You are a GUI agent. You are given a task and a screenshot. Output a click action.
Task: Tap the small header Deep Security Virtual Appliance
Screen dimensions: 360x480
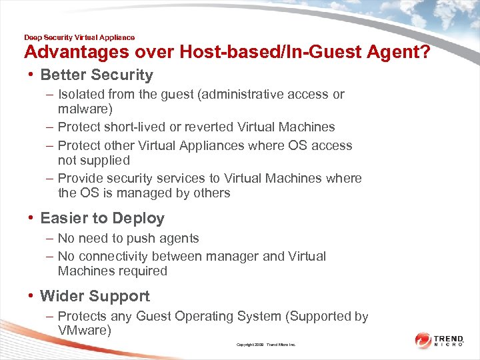pyautogui.click(x=79, y=37)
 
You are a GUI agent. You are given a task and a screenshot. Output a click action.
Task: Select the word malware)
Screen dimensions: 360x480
pyautogui.click(x=85, y=109)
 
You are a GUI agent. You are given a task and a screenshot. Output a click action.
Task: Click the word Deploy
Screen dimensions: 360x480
pyautogui.click(x=139, y=219)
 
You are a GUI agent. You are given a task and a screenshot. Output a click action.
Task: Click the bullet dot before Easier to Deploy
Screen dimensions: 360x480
pyautogui.click(x=31, y=219)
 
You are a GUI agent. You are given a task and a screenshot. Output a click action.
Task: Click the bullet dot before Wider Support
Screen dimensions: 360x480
pyautogui.click(x=31, y=297)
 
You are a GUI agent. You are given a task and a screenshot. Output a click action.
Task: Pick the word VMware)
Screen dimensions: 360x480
pyautogui.click(x=84, y=331)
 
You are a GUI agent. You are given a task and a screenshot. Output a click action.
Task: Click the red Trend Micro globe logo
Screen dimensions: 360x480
pyautogui.click(x=423, y=341)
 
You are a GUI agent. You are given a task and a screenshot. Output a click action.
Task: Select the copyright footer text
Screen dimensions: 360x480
pyautogui.click(x=265, y=345)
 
